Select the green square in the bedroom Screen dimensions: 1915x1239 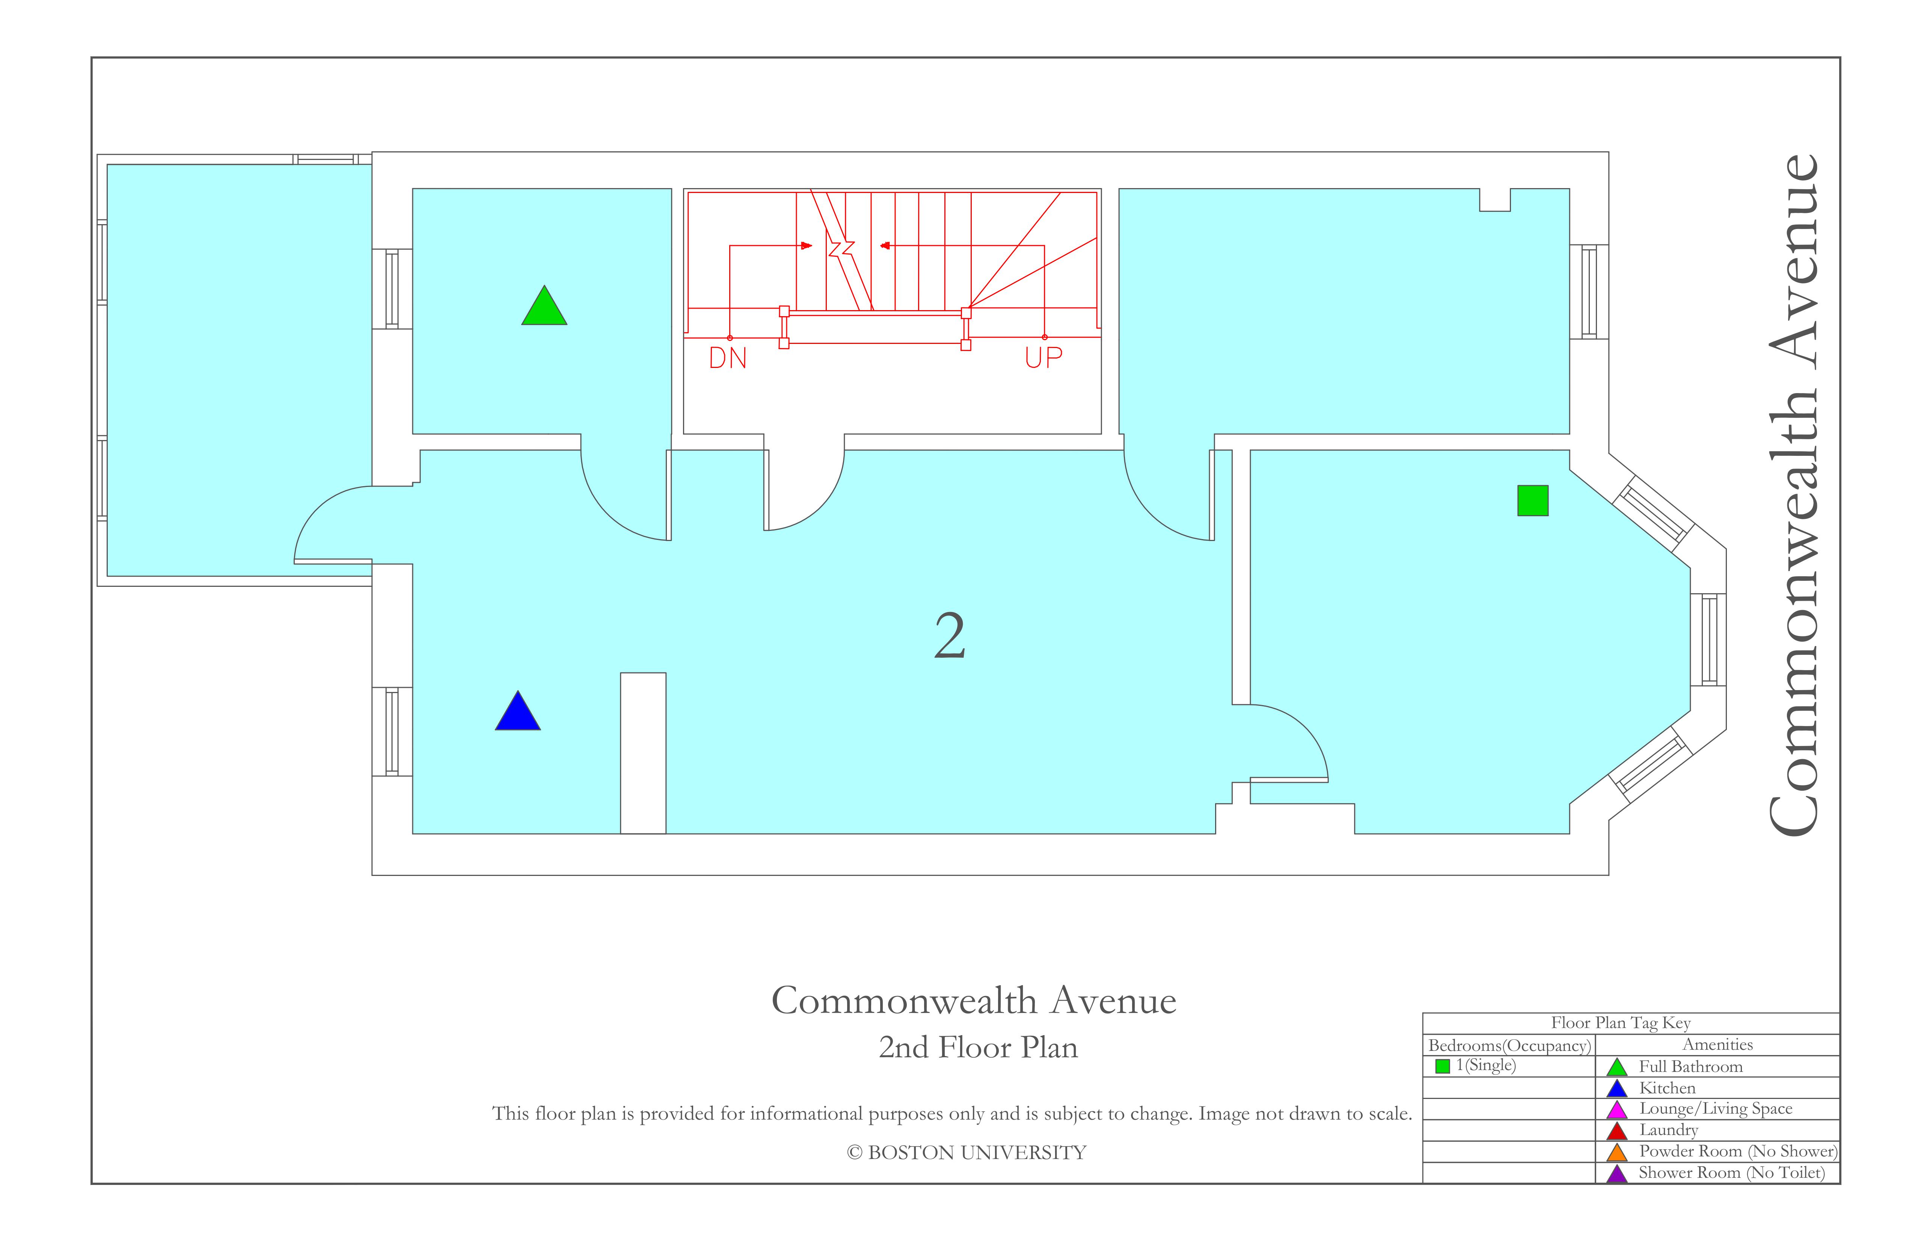[x=1533, y=500]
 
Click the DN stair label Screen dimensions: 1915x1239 [x=728, y=358]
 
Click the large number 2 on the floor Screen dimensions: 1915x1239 [x=950, y=636]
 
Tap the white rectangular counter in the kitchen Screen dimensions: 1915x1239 [x=643, y=753]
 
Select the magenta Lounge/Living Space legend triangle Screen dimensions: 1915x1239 [x=1617, y=1110]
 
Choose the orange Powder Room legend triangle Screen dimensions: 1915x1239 [x=1617, y=1153]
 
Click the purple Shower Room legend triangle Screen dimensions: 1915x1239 [x=1617, y=1174]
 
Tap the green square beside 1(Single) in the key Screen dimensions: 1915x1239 [x=1443, y=1066]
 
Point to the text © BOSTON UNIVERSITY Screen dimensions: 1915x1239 [x=967, y=1153]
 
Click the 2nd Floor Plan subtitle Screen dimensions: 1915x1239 [x=979, y=1048]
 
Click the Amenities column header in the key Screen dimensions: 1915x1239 [x=1718, y=1044]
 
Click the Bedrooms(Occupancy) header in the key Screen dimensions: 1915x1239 [x=1509, y=1045]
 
